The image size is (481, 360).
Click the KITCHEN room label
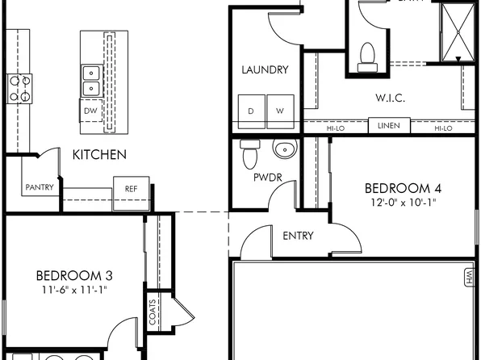pyautogui.click(x=99, y=154)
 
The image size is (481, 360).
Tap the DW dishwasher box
pyautogui.click(x=90, y=111)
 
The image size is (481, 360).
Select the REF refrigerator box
pyautogui.click(x=132, y=188)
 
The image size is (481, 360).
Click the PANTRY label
pyautogui.click(x=40, y=188)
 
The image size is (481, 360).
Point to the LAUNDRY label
pyautogui.click(x=265, y=70)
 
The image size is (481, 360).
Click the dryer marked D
pyautogui.click(x=251, y=110)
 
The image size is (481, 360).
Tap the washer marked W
pyautogui.click(x=280, y=110)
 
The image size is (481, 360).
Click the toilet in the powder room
pyautogui.click(x=249, y=150)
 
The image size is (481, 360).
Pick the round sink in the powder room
pyautogui.click(x=283, y=149)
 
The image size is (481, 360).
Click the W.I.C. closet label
pyautogui.click(x=390, y=98)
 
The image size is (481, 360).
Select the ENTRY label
pyautogui.click(x=298, y=236)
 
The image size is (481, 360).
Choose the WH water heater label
pyautogui.click(x=468, y=278)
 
